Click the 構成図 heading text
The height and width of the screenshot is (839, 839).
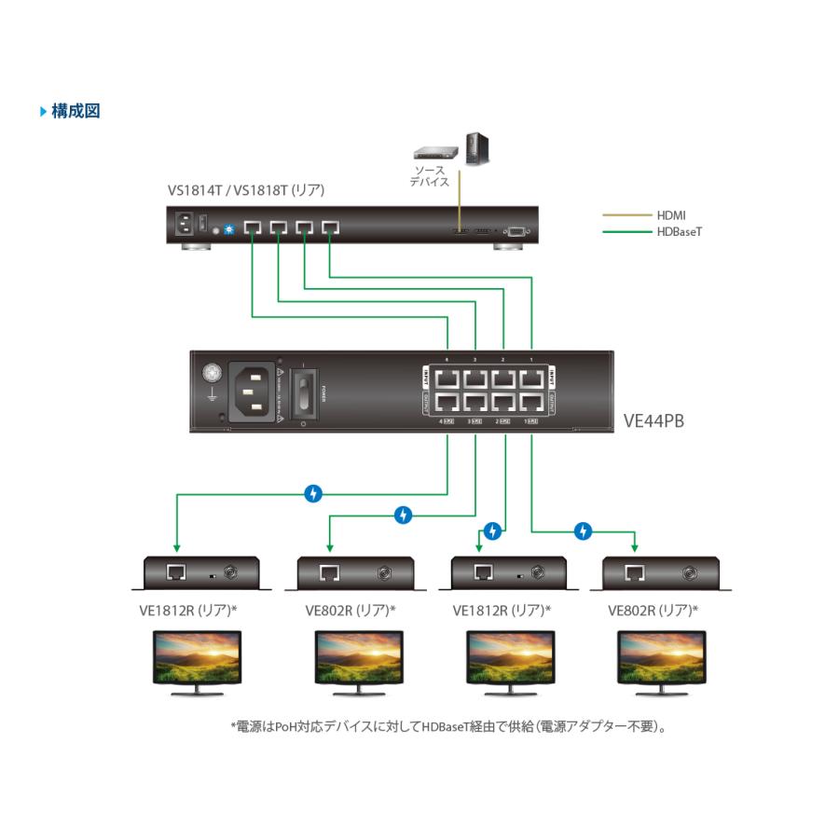[x=76, y=112]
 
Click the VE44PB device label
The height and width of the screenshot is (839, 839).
[x=653, y=421]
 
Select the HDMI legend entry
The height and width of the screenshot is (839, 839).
[x=671, y=215]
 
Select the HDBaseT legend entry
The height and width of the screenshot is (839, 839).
[x=679, y=231]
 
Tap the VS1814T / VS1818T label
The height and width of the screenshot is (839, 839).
[x=245, y=190]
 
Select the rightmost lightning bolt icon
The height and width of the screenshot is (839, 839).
[x=583, y=530]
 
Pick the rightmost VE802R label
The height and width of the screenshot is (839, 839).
[x=653, y=611]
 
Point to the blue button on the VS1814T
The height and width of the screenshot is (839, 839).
[x=228, y=229]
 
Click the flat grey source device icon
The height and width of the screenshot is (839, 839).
[x=436, y=150]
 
